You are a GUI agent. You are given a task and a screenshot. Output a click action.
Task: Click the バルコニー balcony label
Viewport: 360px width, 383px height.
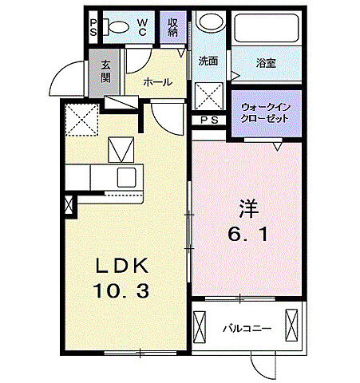pos(247,328)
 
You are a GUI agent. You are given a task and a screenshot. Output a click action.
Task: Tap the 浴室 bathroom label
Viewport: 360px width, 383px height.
pos(266,61)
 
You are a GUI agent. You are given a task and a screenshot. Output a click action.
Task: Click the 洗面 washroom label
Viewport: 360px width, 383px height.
pos(209,61)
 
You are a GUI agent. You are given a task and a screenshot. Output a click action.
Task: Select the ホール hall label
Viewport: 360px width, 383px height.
pos(156,81)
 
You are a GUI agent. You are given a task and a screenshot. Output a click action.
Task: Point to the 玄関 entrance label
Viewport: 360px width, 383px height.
pos(105,73)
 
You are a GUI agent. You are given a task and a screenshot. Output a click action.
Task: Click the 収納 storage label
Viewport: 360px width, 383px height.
pos(173,29)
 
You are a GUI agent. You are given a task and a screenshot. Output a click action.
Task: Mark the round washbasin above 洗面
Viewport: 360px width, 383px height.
pos(210,23)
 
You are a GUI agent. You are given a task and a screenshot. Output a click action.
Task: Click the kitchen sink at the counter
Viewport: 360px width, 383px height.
pos(126,176)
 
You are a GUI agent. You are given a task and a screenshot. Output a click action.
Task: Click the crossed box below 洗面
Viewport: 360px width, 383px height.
pos(210,97)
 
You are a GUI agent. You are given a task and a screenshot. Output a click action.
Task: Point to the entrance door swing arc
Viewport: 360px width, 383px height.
pos(65,78)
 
